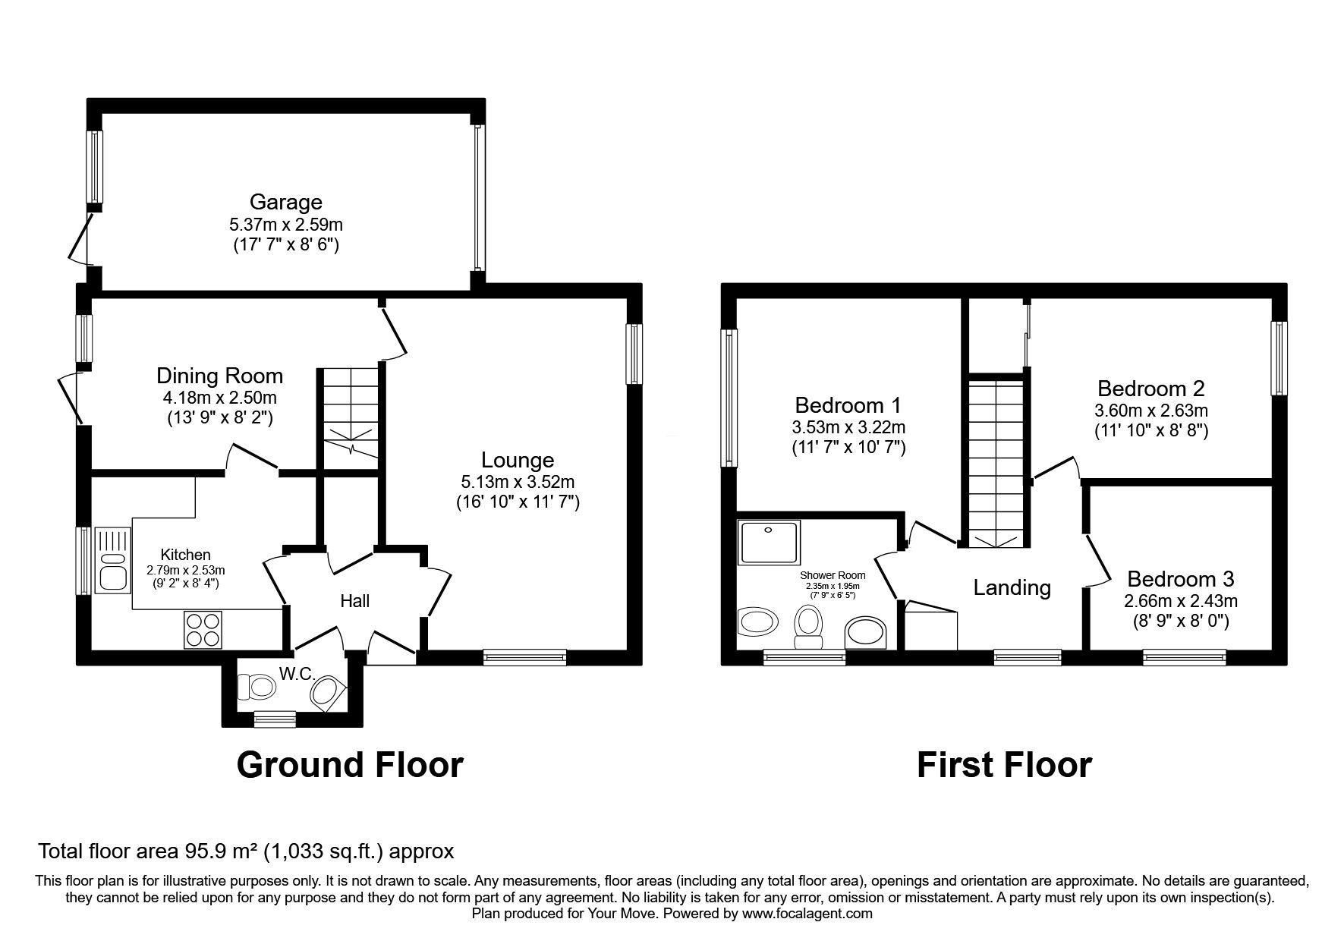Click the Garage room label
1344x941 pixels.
tap(286, 202)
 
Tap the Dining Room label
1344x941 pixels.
tap(219, 376)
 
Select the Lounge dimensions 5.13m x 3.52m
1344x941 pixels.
tap(518, 481)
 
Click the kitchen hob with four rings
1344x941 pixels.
tap(203, 630)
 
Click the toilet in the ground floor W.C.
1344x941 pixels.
tap(256, 688)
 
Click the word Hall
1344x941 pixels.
tap(354, 601)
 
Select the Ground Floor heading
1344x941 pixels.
tap(350, 765)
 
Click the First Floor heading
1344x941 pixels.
tap(1004, 765)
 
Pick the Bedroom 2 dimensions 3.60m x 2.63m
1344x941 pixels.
tap(1151, 411)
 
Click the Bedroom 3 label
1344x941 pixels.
tap(1180, 579)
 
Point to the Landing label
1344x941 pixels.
tap(1012, 587)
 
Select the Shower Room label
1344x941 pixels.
tap(833, 575)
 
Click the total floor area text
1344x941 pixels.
tap(246, 851)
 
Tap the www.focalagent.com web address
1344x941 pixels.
tap(807, 914)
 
